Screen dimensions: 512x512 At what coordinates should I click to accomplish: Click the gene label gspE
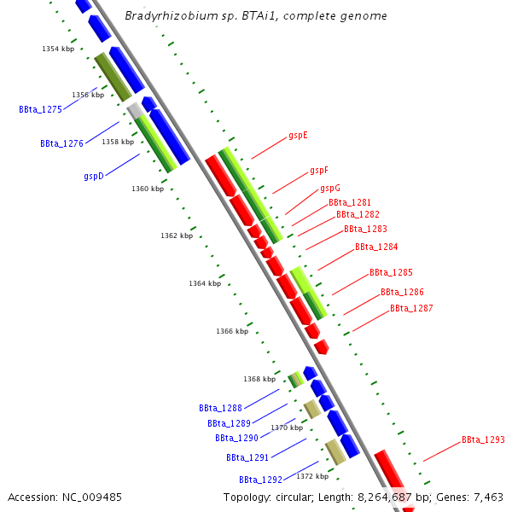point(298,135)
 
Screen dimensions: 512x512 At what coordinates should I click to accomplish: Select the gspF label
point(319,170)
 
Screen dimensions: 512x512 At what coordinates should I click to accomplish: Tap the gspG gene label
point(330,188)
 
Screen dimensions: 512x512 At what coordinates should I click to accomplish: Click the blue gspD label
point(94,176)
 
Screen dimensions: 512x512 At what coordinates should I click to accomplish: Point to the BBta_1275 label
point(40,109)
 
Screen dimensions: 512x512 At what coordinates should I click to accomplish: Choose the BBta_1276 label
point(61,143)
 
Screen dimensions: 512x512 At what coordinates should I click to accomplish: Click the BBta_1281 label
point(350,202)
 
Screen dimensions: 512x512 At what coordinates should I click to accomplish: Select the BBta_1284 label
point(376,247)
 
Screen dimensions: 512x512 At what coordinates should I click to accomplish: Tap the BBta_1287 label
point(411,308)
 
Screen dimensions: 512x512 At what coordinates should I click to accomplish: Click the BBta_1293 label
point(483,439)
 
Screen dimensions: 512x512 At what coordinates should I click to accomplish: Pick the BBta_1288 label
point(220,408)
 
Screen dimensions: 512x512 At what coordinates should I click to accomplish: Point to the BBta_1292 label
point(260,480)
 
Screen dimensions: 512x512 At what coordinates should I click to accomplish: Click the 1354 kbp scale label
point(58,49)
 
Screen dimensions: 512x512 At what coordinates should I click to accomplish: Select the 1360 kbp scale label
point(148,189)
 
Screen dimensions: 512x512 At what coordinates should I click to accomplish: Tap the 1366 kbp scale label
point(232,330)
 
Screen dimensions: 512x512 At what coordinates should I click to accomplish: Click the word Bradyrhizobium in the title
point(164,16)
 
